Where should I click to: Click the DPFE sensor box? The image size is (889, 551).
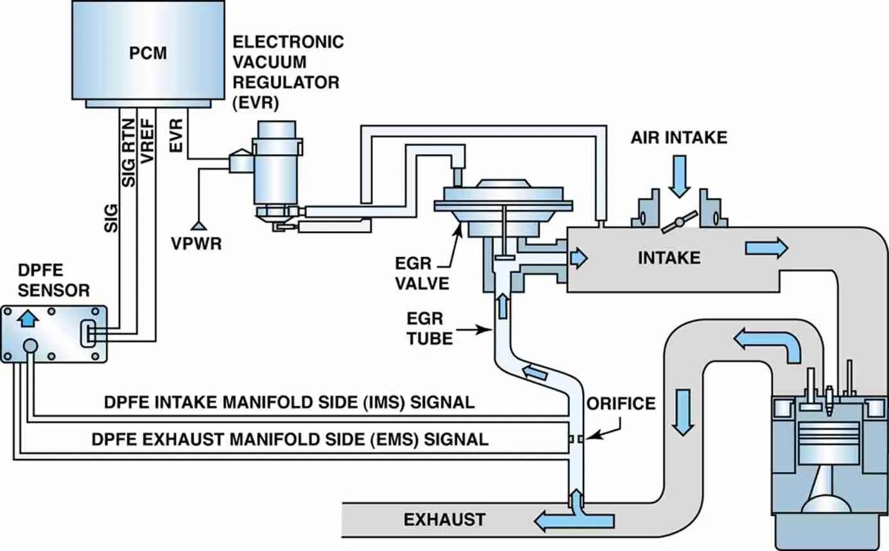[54, 334]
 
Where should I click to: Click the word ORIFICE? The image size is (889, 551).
[621, 403]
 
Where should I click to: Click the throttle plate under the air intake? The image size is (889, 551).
[679, 221]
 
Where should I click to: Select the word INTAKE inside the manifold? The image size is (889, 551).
[668, 258]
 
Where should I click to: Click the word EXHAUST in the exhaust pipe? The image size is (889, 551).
[444, 519]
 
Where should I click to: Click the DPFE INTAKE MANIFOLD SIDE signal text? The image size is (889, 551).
[289, 403]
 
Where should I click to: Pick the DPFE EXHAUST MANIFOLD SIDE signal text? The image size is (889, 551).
[289, 440]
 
